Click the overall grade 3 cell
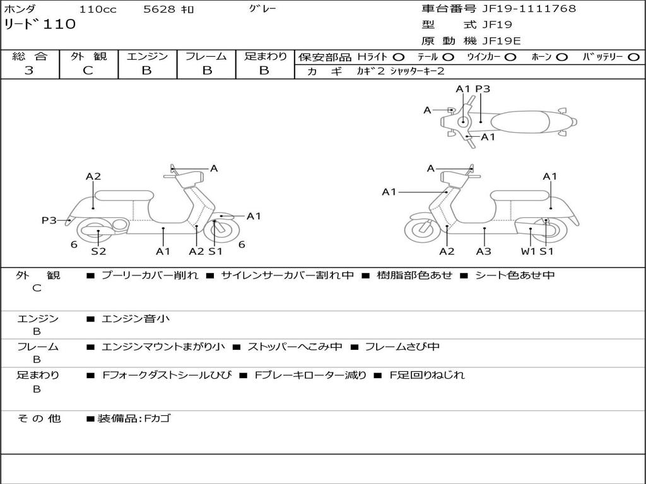[x=29, y=71]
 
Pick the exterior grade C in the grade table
[x=88, y=71]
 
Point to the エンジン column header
[x=147, y=57]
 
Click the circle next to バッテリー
[x=633, y=57]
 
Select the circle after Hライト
[x=399, y=57]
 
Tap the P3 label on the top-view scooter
[x=483, y=89]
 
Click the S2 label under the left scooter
[x=98, y=251]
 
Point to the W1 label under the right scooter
[x=528, y=251]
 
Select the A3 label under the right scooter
[x=484, y=251]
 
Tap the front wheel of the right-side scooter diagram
[x=422, y=230]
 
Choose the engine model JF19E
[x=501, y=41]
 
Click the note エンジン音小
[x=136, y=319]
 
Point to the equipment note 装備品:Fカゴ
[x=133, y=418]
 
